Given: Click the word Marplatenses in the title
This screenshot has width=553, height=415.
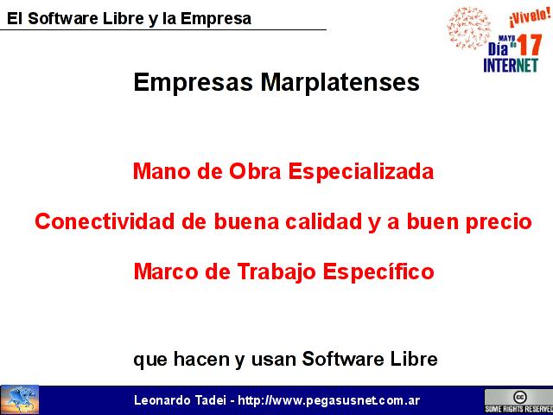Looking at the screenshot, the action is [x=340, y=83].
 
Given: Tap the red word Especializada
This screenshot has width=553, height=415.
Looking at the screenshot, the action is [x=361, y=172].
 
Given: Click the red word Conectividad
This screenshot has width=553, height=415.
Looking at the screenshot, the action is [x=105, y=221].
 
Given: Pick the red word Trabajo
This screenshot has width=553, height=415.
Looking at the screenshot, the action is [x=276, y=273].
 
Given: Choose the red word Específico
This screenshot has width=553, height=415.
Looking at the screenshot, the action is [x=378, y=273].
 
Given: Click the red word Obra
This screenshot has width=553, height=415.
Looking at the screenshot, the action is [x=255, y=172].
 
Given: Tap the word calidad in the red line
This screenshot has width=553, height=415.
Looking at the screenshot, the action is [x=323, y=221].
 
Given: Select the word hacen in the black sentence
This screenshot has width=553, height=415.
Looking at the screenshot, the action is [x=201, y=360].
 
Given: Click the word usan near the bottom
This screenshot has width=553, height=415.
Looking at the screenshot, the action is [x=273, y=361].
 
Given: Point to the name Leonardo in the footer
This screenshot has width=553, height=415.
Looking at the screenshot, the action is [x=162, y=400].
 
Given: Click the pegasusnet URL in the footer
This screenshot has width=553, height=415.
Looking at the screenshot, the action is [x=328, y=400].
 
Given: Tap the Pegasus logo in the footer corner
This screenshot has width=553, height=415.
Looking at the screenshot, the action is [x=20, y=399].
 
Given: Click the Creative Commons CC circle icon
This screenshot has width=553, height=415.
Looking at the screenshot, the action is [x=519, y=397].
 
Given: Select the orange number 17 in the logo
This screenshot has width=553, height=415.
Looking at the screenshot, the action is [x=530, y=45].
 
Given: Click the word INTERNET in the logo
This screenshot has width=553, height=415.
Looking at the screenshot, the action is [x=511, y=66].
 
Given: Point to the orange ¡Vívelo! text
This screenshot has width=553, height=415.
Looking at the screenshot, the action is [x=530, y=17].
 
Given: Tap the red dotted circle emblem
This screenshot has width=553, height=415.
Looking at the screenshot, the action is [x=468, y=29].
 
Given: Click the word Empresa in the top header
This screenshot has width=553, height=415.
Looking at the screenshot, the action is [x=216, y=19].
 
